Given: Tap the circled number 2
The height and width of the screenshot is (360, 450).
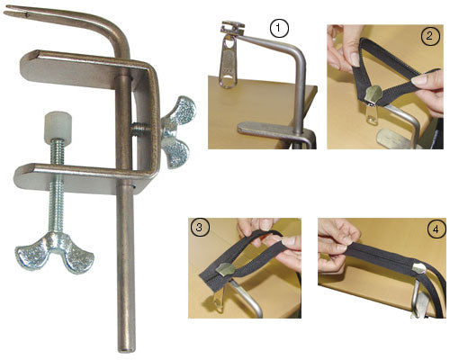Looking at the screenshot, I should point(430,37).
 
